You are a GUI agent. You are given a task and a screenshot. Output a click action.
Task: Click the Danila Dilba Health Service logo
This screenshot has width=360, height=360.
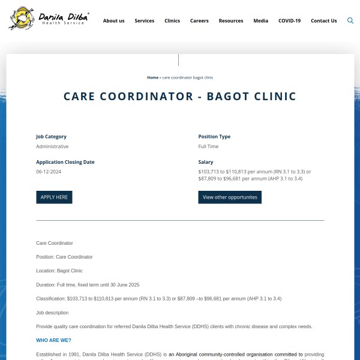pos(49,19)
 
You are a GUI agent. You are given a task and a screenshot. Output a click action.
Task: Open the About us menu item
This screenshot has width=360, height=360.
pos(113,20)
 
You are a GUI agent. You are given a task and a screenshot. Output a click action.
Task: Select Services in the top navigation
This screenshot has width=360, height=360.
pos(144,20)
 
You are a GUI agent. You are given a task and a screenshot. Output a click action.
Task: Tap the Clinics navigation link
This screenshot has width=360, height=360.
pos(172,20)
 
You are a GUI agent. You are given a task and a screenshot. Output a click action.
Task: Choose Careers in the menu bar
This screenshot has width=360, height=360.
pos(199,20)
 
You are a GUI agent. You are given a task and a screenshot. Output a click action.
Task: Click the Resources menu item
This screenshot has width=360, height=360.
pos(231,20)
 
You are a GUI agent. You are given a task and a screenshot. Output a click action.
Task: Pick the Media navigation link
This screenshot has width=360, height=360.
pos(260,20)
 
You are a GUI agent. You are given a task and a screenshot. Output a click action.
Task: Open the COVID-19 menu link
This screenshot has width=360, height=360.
pos(289,20)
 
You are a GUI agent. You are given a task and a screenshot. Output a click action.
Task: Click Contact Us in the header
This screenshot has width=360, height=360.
pos(323,20)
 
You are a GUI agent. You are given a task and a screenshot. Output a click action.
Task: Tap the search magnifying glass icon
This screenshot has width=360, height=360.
pos(350,20)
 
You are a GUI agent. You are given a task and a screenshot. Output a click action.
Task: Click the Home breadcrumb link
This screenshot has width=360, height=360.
pos(152,77)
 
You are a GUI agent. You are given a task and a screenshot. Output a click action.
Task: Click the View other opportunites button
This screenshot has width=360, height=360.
pos(230,197)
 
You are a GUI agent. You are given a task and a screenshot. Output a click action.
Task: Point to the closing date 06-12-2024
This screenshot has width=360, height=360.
pos(49,172)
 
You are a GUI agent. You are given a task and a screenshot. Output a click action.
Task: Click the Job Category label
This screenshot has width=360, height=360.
pos(51,137)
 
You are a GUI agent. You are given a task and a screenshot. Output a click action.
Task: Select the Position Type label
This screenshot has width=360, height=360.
pos(214,137)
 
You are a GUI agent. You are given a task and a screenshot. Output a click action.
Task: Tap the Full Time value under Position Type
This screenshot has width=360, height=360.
pos(208,146)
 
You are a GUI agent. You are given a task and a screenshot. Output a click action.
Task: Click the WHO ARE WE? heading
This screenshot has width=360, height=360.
pos(53,340)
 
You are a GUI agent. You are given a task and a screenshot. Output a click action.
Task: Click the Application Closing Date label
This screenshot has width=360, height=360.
pos(65,162)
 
